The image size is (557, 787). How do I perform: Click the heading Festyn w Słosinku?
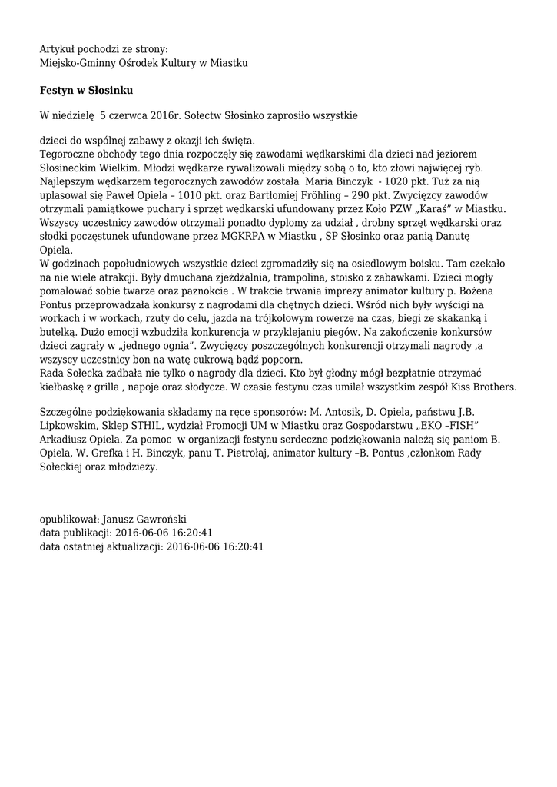coord(87,91)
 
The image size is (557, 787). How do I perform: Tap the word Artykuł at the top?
coord(58,49)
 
